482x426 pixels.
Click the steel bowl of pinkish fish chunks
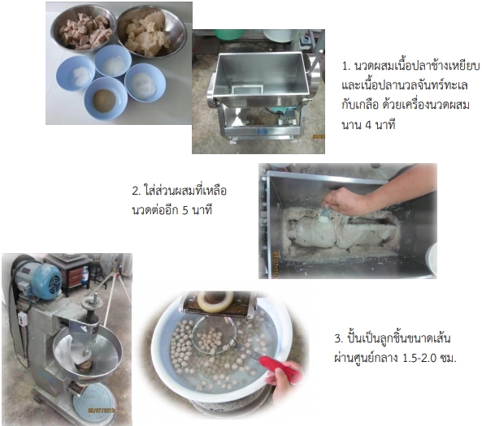(x=84, y=28)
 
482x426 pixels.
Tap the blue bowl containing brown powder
(x=106, y=98)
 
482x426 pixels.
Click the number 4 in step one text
(x=368, y=125)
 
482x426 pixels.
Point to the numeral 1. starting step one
(x=346, y=66)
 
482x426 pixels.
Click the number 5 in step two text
(x=185, y=211)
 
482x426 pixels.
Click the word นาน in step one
(x=352, y=125)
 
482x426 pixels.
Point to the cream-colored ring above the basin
(x=215, y=301)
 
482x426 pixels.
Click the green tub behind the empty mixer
(x=230, y=34)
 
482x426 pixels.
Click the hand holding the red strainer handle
(x=284, y=383)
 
